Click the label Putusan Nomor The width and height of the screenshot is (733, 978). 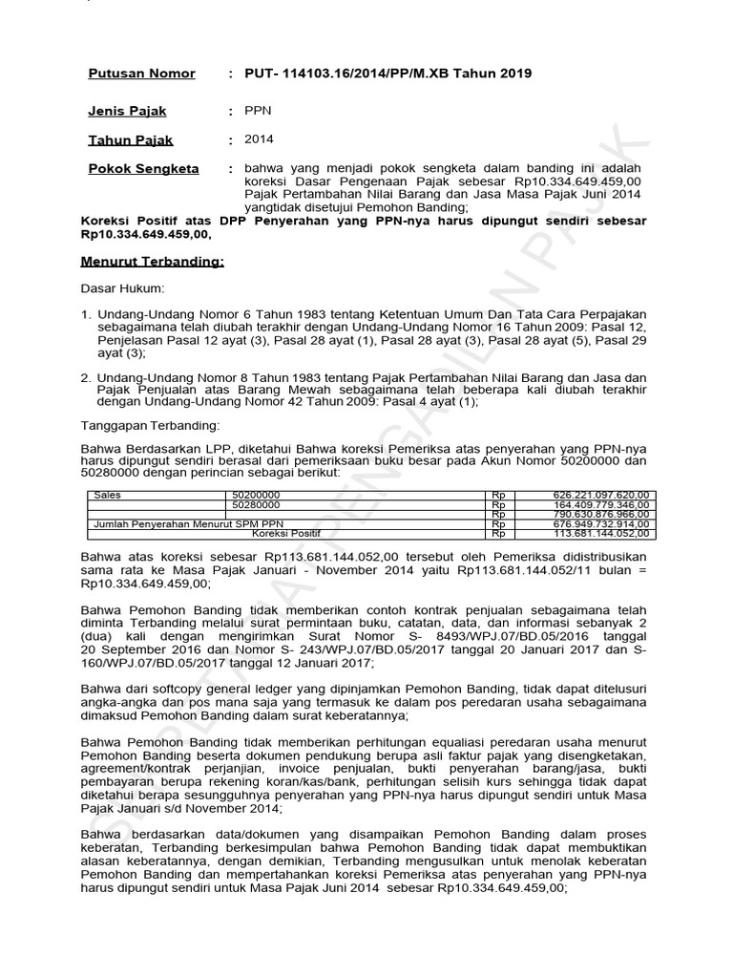141,74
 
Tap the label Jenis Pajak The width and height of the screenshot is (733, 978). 128,112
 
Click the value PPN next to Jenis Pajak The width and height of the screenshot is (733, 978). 259,112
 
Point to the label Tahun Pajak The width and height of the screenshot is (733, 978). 131,140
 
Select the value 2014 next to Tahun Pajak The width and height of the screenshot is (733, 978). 259,140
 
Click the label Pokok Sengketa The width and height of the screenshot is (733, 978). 143,169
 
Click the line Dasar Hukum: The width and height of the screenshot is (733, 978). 122,287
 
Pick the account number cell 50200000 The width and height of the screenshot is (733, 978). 256,496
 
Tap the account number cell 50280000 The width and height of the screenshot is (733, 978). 256,504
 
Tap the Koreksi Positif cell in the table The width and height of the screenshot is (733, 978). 286,533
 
